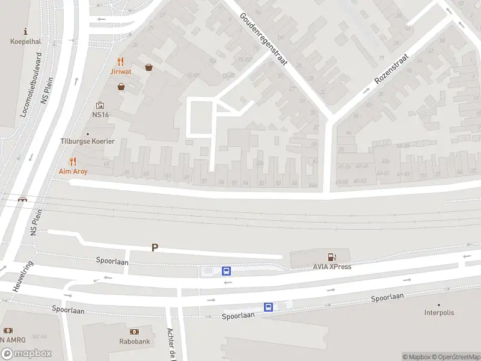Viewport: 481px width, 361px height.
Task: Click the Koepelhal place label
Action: coord(25,42)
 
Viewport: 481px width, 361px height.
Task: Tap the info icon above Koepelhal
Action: coord(25,31)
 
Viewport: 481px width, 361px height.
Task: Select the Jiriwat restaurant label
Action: coord(121,71)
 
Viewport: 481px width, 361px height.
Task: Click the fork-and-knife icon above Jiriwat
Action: coord(121,61)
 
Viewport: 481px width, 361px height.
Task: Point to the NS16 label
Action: coord(100,114)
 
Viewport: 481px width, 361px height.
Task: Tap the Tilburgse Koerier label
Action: coord(87,141)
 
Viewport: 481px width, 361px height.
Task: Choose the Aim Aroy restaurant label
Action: coord(73,171)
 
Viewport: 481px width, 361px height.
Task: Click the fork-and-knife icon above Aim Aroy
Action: coord(73,161)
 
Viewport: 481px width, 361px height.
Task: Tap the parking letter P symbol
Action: coord(155,247)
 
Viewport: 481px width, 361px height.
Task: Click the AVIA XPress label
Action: coord(331,267)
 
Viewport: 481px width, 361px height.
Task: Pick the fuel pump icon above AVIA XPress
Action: coord(331,257)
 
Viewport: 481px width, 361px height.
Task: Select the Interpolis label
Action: coord(439,313)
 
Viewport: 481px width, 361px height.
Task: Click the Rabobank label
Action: coord(134,341)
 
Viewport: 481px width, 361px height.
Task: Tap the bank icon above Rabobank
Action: coord(134,332)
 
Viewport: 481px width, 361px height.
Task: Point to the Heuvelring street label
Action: coord(22,276)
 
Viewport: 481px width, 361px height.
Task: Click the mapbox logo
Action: coord(26,354)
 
